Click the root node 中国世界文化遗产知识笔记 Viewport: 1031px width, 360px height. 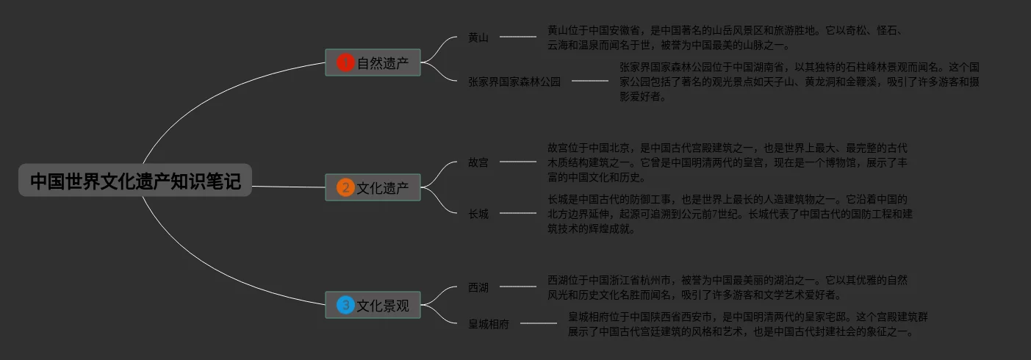(x=135, y=181)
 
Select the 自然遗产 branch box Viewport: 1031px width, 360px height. (x=373, y=63)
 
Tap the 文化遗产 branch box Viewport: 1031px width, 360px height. (x=373, y=188)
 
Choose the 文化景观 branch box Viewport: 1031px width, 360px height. (x=373, y=306)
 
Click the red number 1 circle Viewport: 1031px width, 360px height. (x=345, y=63)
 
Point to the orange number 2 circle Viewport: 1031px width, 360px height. (x=345, y=188)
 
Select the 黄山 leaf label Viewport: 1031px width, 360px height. (x=478, y=37)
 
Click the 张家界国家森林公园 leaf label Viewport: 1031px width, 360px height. (x=514, y=82)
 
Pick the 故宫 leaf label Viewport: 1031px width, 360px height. (x=478, y=162)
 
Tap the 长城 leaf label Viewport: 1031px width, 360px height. (x=478, y=214)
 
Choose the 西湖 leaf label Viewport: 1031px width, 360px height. (x=478, y=287)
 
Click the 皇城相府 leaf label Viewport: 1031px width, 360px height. (x=489, y=324)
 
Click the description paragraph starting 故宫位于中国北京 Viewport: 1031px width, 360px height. (x=728, y=162)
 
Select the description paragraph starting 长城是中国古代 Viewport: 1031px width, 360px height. (x=730, y=214)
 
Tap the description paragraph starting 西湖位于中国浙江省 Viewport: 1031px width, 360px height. (x=728, y=287)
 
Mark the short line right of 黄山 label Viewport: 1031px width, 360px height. (x=518, y=37)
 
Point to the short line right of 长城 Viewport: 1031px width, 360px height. (x=518, y=213)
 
